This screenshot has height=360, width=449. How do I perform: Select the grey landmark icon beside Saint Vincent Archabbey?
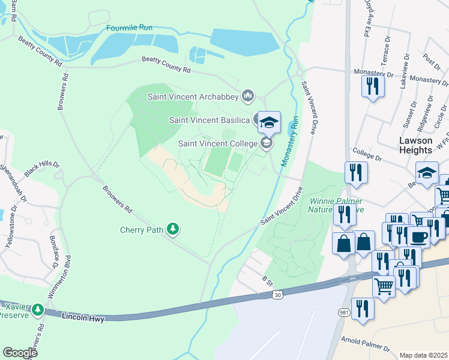[248, 95]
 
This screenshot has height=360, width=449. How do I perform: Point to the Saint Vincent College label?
[218, 143]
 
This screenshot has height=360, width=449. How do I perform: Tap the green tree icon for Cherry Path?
[173, 229]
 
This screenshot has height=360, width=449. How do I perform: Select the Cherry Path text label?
[142, 229]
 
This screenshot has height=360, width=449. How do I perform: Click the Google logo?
[20, 352]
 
